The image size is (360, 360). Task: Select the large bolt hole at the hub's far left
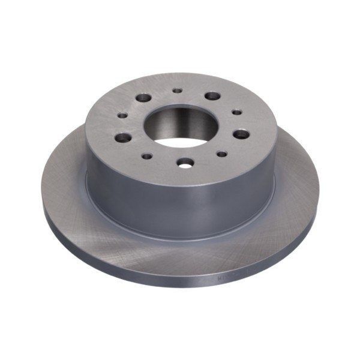(122, 137)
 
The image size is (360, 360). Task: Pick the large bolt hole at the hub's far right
(241, 133)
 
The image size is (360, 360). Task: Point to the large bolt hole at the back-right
(212, 96)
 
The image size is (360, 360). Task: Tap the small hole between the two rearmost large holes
(177, 91)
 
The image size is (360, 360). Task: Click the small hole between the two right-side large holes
(237, 112)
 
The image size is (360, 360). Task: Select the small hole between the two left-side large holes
(122, 115)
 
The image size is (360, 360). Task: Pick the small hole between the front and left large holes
(147, 156)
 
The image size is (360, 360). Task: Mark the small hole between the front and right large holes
(221, 154)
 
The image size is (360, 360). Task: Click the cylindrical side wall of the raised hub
(180, 204)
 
